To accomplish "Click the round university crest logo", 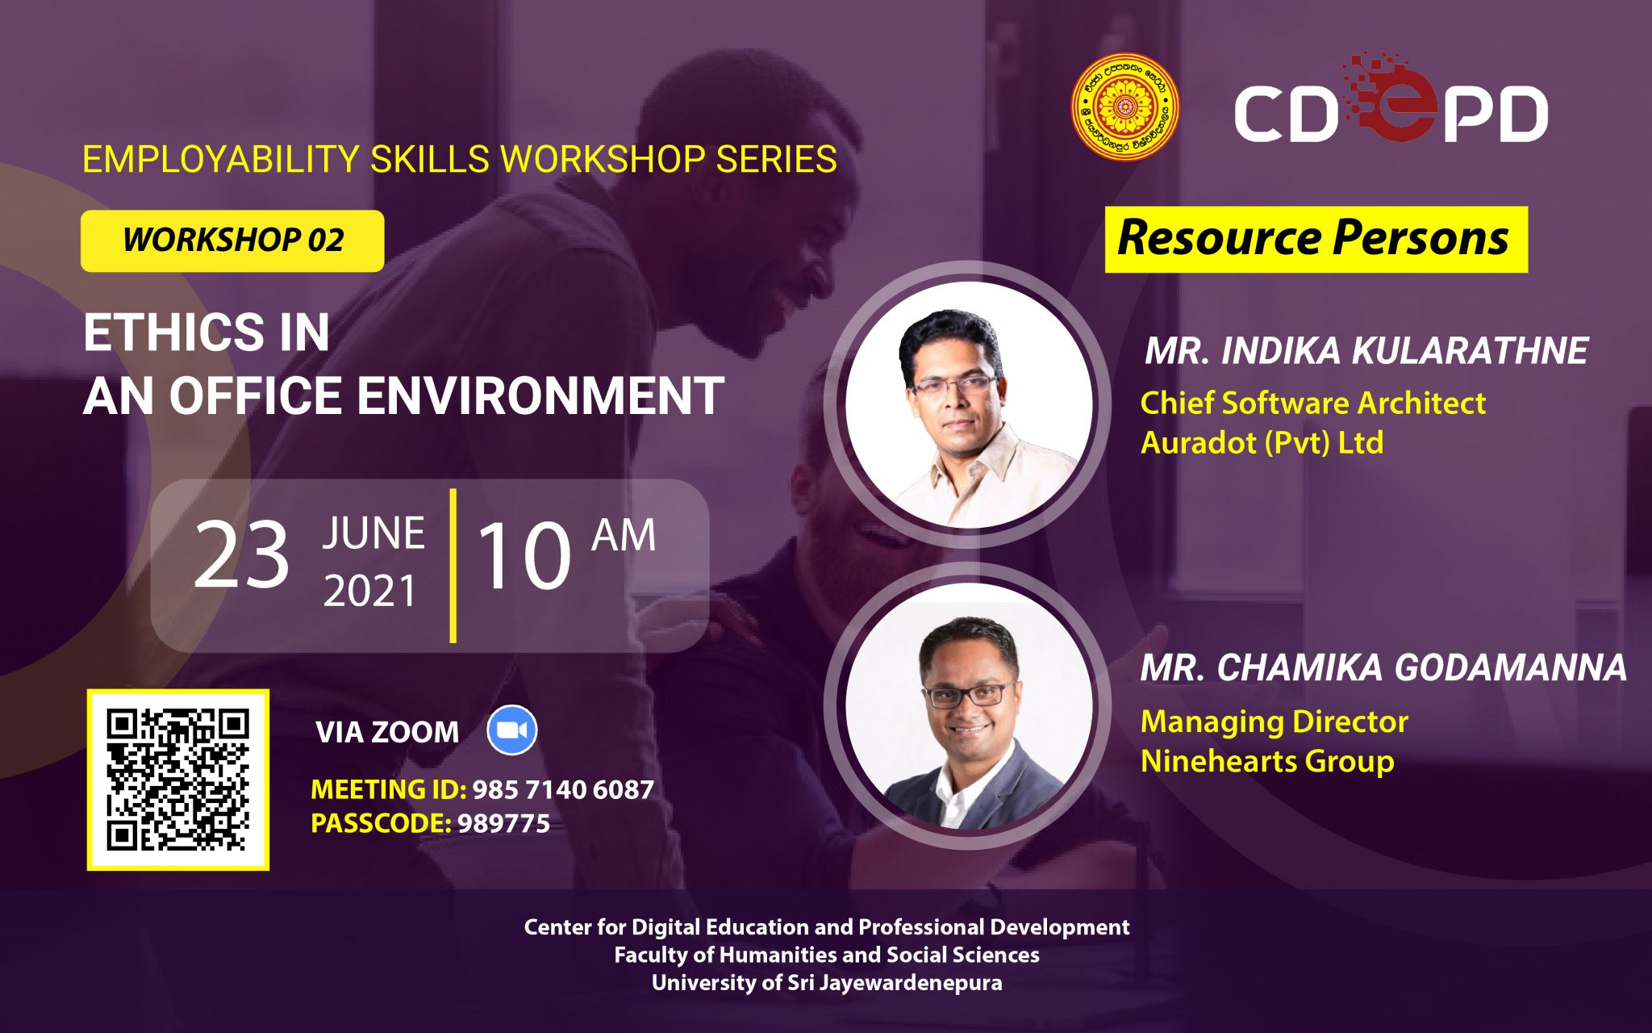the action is pyautogui.click(x=1124, y=107).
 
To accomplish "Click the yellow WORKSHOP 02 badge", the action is pyautogui.click(x=232, y=240).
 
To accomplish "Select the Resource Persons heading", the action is pyautogui.click(x=1316, y=239).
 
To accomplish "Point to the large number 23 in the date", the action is pyautogui.click(x=241, y=554).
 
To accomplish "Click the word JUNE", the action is pyautogui.click(x=373, y=533).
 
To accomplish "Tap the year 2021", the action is pyautogui.click(x=369, y=591).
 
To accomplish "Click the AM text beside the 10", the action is pyautogui.click(x=624, y=536).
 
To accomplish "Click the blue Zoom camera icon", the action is pyautogui.click(x=512, y=730).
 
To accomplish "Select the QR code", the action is pyautogui.click(x=178, y=780).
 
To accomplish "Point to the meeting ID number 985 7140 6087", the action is pyautogui.click(x=563, y=789).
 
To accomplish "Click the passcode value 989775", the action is pyautogui.click(x=503, y=823).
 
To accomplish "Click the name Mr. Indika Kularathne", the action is pyautogui.click(x=1366, y=351).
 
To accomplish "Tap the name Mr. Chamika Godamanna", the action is pyautogui.click(x=1383, y=667).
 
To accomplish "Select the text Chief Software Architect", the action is pyautogui.click(x=1312, y=403).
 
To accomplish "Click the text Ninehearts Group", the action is pyautogui.click(x=1267, y=761).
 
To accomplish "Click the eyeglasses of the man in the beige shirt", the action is pyautogui.click(x=953, y=385).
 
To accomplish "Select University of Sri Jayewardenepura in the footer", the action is pyautogui.click(x=827, y=982).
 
